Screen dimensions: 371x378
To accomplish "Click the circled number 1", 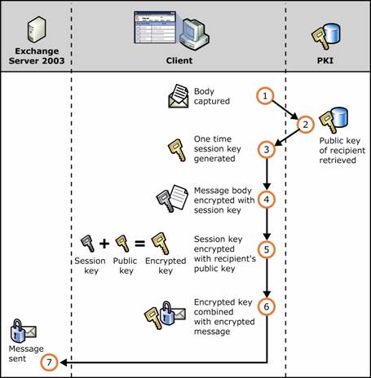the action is click(265, 95).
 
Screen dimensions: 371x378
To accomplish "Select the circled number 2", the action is click(306, 125).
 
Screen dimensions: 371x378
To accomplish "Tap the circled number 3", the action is click(267, 149).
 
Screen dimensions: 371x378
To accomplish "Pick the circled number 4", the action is click(267, 200).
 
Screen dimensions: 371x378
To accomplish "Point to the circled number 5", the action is click(267, 249).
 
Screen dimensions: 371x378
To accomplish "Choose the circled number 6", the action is click(267, 306).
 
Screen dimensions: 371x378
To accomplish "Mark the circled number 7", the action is click(49, 363).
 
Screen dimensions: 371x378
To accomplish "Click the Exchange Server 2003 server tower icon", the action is click(37, 29).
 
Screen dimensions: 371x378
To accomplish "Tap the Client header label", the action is click(179, 60).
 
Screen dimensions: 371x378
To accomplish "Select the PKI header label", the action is click(325, 60).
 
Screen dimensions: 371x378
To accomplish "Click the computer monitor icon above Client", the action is click(194, 34).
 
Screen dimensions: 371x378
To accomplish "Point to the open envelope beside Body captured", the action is click(179, 96).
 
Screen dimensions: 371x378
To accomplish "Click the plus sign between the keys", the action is click(104, 243).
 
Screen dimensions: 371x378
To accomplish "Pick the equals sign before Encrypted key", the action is click(140, 243).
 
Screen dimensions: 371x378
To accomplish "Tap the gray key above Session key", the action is click(88, 244).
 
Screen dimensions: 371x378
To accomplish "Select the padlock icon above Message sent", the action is click(17, 331).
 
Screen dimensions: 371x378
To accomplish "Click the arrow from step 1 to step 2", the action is click(285, 110).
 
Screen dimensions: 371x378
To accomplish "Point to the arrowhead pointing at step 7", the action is click(64, 363).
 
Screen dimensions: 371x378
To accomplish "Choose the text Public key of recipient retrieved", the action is click(342, 150).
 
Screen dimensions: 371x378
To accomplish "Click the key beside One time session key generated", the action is click(177, 150).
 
